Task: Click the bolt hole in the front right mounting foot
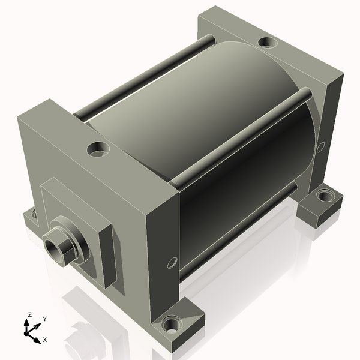(172, 325)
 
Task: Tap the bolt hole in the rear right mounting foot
(325, 195)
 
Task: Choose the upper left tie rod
(144, 75)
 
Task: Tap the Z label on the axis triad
(29, 315)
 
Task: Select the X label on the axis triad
(45, 340)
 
